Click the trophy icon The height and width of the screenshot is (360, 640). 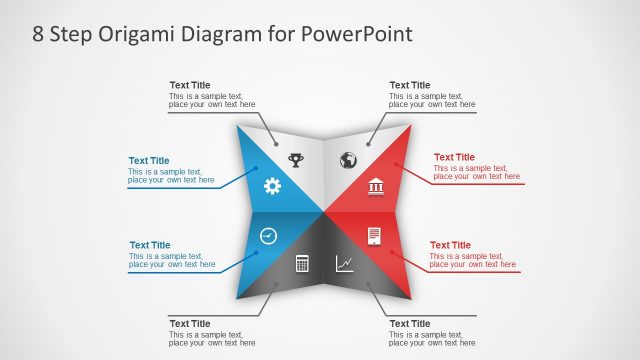(x=296, y=158)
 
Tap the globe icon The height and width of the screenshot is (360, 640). (x=348, y=160)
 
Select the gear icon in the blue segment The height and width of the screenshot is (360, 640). (x=272, y=186)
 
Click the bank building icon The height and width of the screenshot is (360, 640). (x=376, y=186)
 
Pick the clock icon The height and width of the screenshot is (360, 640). (x=268, y=236)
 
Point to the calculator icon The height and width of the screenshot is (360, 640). (x=302, y=264)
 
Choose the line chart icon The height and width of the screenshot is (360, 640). (x=344, y=264)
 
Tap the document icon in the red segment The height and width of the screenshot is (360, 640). (x=375, y=236)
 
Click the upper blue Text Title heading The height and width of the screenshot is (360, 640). (x=149, y=161)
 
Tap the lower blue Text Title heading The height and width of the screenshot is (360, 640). (x=149, y=245)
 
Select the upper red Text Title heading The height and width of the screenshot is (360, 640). (x=454, y=157)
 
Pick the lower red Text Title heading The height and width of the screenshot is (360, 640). (x=450, y=245)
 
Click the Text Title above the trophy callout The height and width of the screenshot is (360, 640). (x=190, y=85)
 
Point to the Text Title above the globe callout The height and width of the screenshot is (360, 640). (x=410, y=85)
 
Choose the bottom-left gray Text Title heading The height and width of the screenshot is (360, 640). (x=190, y=324)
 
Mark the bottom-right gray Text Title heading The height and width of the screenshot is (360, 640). (x=410, y=324)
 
